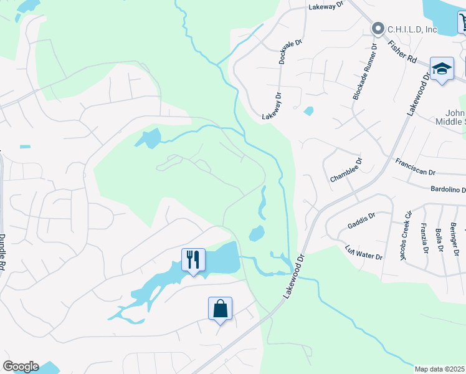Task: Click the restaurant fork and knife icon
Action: click(193, 259)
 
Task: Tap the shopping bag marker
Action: click(220, 308)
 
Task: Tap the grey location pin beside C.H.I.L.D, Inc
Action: click(378, 29)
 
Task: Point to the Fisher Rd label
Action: click(401, 51)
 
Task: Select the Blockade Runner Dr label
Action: click(365, 72)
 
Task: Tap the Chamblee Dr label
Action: click(346, 170)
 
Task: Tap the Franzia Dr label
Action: click(424, 238)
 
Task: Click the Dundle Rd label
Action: click(2, 253)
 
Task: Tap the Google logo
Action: click(21, 367)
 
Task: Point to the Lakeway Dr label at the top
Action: click(326, 5)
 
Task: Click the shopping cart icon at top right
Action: click(462, 24)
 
